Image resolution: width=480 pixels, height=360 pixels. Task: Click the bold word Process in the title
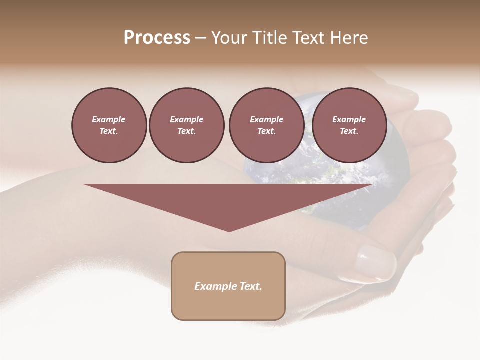[157, 38]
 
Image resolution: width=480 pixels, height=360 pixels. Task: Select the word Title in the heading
[270, 38]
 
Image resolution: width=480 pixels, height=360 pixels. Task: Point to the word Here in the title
[349, 38]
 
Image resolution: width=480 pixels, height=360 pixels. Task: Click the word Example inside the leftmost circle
[109, 119]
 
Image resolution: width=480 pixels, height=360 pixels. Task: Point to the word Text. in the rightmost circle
[349, 131]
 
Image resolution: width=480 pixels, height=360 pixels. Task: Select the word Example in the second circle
[186, 119]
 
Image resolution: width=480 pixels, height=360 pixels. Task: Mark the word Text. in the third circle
[266, 131]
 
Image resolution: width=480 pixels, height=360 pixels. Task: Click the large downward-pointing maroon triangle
[228, 200]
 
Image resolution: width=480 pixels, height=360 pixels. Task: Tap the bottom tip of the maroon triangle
[229, 231]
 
